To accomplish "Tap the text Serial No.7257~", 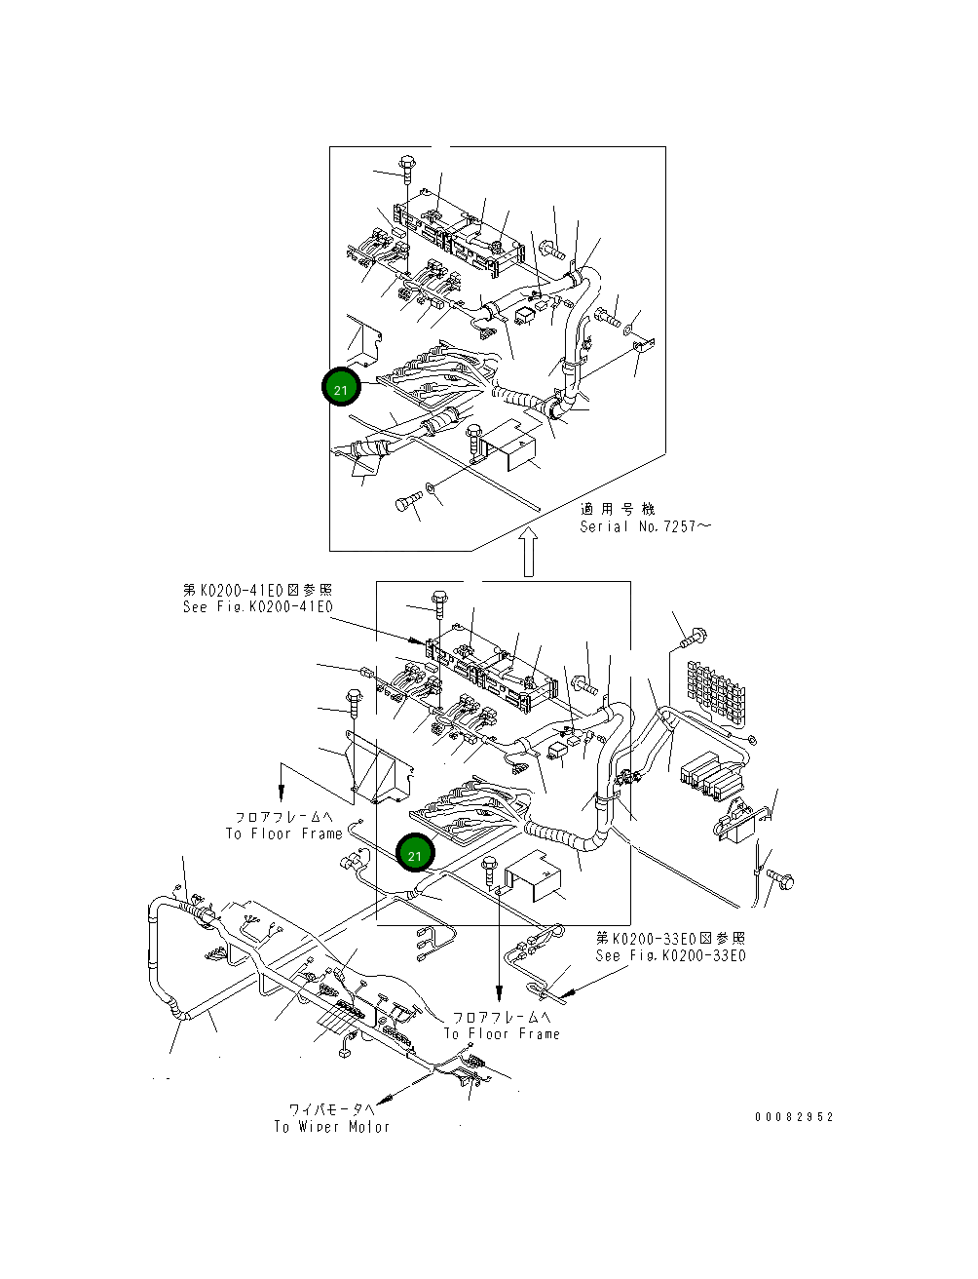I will (645, 526).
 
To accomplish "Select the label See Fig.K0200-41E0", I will (257, 607).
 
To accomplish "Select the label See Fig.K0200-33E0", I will (670, 955).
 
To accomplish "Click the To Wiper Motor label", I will (331, 1127).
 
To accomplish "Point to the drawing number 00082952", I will (794, 1117).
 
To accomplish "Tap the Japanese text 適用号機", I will (618, 508).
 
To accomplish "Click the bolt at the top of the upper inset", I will (406, 167).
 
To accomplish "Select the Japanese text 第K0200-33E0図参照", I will (670, 938).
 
